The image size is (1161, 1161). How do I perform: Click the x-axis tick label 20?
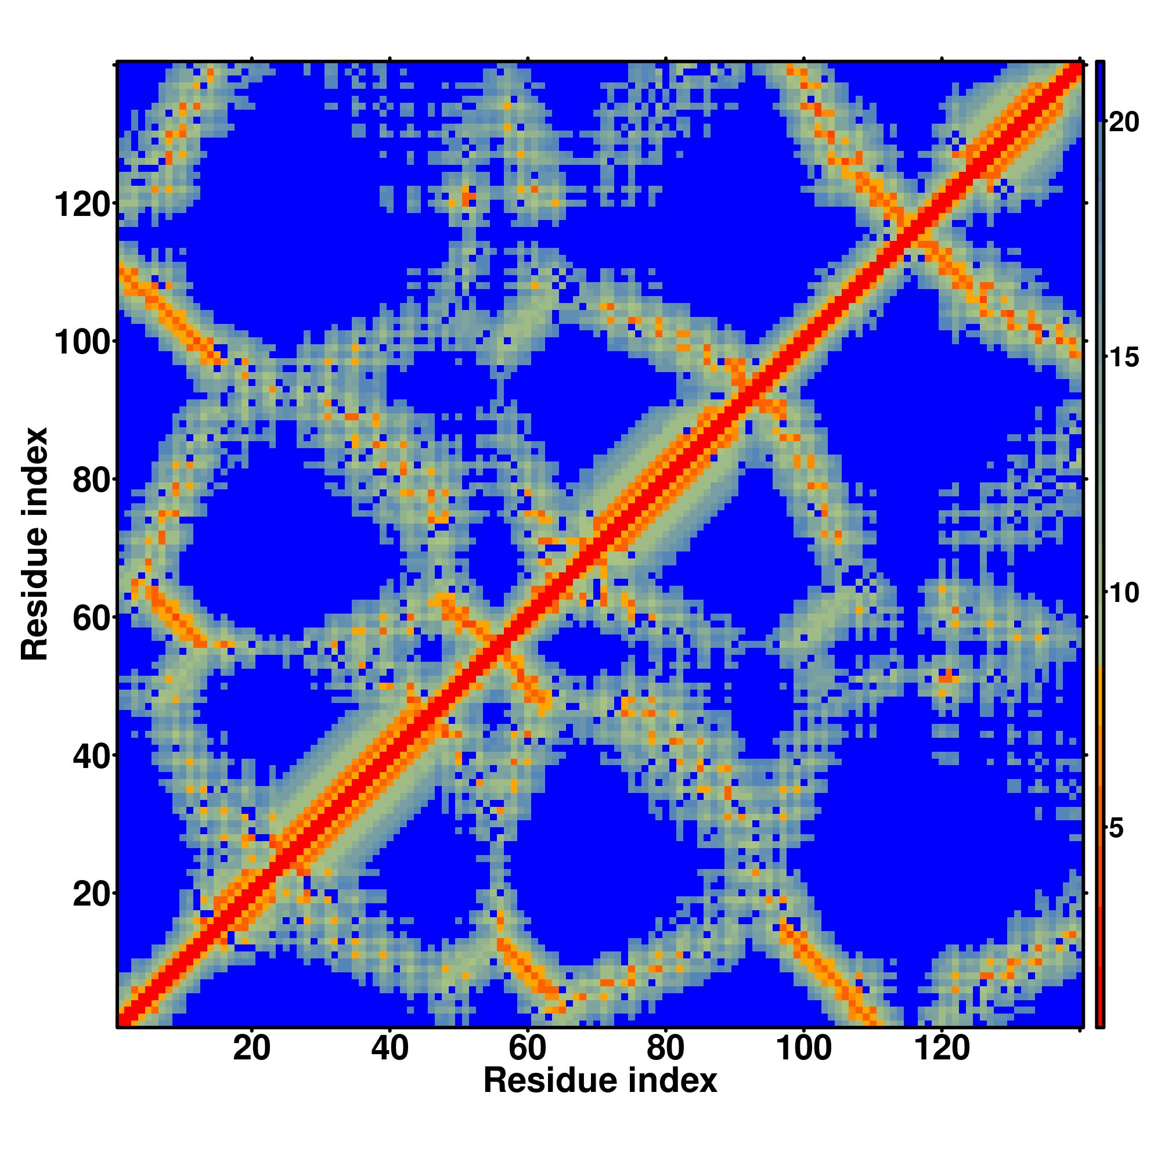tap(252, 1050)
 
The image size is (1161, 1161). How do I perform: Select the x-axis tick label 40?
tap(390, 1050)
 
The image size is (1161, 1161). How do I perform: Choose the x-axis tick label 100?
tap(804, 1050)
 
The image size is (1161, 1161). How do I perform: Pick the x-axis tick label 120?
tap(942, 1050)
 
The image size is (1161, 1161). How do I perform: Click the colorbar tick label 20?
tap(1123, 122)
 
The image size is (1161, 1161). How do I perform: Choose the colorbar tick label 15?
tap(1123, 358)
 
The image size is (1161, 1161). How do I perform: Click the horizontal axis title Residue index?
tap(600, 1081)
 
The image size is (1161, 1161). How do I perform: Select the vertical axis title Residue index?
tap(35, 545)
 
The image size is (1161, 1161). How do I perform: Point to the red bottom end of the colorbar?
tap(1099, 1015)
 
